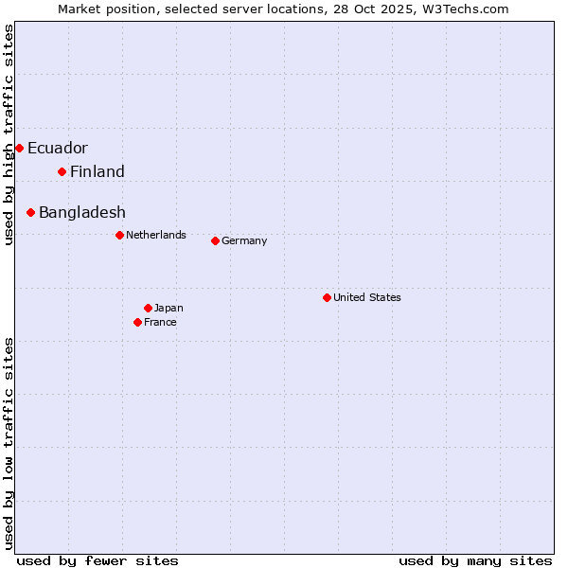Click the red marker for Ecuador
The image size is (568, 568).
pos(19,148)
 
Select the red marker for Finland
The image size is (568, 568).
pos(62,171)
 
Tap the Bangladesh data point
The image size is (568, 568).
pos(30,212)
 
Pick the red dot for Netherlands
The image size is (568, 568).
pos(119,235)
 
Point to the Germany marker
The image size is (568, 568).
pos(215,240)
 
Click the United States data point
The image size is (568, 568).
pos(327,297)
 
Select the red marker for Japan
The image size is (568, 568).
pos(148,308)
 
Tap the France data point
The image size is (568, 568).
pos(137,322)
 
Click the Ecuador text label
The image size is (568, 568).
pos(58,148)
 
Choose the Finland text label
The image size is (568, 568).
pos(98,171)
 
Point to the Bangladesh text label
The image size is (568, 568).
pos(82,212)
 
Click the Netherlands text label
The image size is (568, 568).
pos(156,235)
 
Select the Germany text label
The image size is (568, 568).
pos(244,240)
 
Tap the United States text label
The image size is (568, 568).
pos(367,297)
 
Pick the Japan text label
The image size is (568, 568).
pos(169,308)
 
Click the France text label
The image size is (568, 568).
pos(160,322)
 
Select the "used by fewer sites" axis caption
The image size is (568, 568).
pos(98,560)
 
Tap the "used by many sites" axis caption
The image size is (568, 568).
pos(475,560)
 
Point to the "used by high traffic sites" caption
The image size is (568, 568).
pos(9,134)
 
